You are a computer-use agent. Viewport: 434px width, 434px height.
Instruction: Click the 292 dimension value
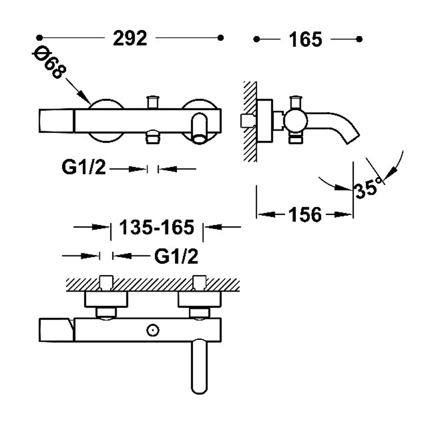pos(130,38)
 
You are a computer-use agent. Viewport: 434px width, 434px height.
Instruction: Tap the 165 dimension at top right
pos(305,39)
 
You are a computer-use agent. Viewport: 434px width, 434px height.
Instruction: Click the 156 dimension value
pos(305,215)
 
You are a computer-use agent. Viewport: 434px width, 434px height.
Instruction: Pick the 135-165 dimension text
pos(157,227)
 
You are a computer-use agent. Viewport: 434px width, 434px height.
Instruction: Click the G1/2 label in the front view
pos(84,167)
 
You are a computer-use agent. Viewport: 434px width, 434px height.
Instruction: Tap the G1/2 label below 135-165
pos(176,256)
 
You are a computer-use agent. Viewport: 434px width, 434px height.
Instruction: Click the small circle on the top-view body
pos(153,330)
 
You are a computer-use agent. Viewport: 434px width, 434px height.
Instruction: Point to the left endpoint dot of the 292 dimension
pos(40,38)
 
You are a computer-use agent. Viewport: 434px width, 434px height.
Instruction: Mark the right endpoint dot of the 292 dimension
pos(220,38)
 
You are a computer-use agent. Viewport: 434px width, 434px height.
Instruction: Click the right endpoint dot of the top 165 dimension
pos(359,39)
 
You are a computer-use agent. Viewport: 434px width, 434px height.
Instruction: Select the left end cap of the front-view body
pos(56,121)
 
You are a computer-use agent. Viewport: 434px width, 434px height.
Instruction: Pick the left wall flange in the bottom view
pos(106,299)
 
